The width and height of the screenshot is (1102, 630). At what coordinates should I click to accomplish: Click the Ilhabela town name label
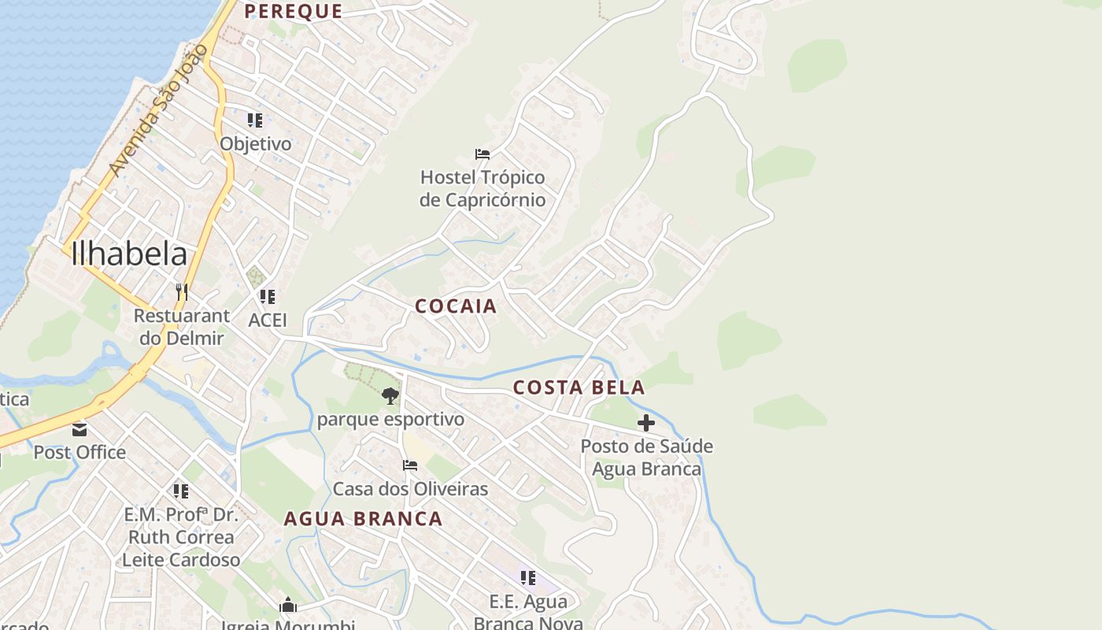129,254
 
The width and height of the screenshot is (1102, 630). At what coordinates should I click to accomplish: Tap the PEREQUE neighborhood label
293,11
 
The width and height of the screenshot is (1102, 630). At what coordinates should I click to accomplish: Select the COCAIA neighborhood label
456,306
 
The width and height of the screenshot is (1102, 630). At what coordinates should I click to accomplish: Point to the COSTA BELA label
579,387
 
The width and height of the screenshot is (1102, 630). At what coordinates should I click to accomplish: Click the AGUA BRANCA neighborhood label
363,519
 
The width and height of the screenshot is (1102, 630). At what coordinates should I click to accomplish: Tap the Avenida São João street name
158,110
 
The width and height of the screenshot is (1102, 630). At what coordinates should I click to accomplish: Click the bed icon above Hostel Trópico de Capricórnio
483,154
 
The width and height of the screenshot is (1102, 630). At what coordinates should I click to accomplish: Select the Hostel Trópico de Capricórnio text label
483,189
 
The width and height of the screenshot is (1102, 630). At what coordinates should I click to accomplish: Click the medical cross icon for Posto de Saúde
646,423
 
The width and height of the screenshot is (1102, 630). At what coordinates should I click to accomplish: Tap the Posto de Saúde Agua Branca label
646,458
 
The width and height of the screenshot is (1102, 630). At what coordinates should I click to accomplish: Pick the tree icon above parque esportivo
390,396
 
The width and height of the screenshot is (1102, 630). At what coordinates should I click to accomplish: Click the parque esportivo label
390,420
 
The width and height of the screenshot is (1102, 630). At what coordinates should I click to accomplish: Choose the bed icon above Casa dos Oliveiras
410,465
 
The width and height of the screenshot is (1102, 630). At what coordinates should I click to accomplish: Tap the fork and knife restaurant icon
181,292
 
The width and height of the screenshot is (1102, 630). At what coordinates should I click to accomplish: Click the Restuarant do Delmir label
181,327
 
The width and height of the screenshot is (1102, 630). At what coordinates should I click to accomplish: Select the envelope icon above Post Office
80,430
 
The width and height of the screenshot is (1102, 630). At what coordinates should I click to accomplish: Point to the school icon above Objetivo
255,120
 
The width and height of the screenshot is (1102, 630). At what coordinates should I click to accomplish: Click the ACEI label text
268,321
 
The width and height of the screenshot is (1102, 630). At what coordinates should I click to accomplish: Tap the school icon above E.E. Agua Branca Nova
528,578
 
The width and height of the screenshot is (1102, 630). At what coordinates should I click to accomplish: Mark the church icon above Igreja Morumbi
288,606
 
